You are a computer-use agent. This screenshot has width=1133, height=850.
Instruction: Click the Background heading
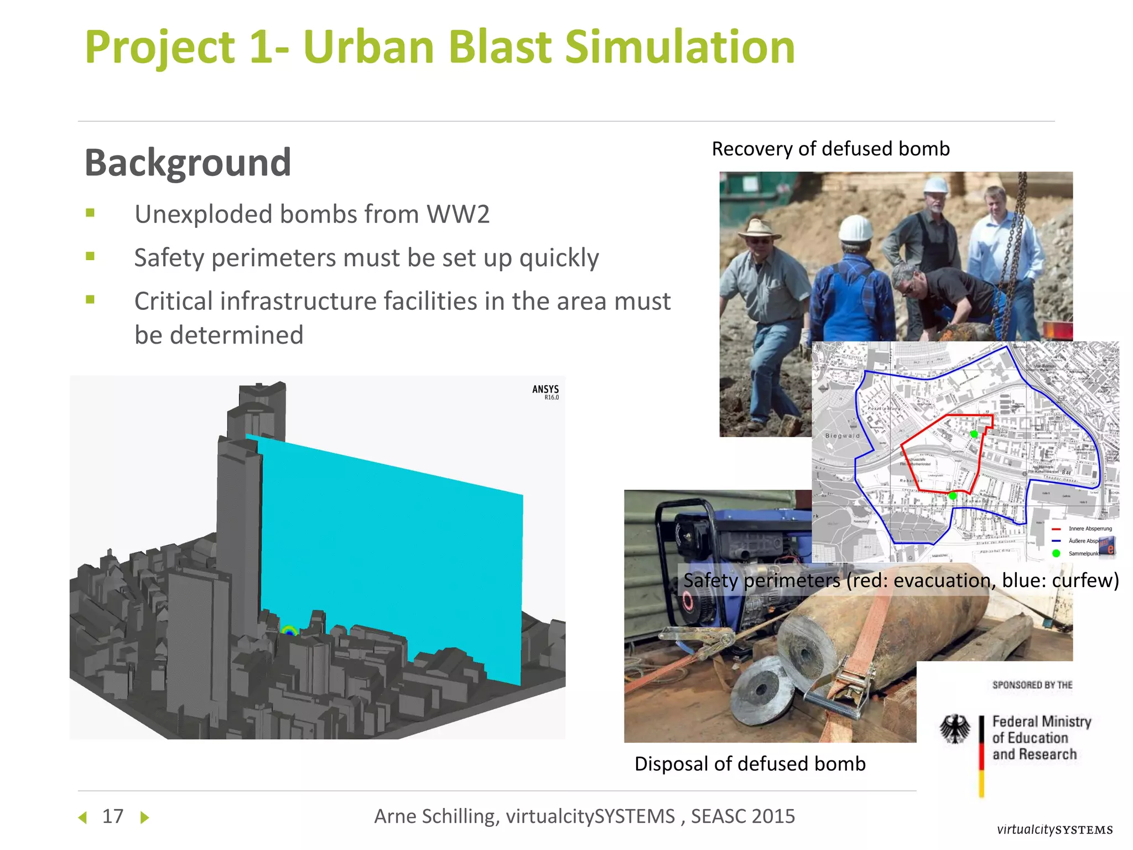188,163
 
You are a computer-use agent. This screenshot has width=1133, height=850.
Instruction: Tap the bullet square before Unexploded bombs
90,213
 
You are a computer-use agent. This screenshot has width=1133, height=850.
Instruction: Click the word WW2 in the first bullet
458,215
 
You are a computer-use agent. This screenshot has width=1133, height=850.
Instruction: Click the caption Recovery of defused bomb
830,149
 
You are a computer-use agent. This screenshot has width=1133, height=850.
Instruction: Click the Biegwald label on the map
843,436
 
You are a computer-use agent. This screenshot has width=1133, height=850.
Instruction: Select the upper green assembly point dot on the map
974,434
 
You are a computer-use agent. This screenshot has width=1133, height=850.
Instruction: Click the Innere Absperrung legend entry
1089,528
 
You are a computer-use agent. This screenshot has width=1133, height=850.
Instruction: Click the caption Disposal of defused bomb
750,764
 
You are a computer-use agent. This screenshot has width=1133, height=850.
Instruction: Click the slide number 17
113,817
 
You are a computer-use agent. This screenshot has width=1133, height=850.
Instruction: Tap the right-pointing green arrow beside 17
144,817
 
